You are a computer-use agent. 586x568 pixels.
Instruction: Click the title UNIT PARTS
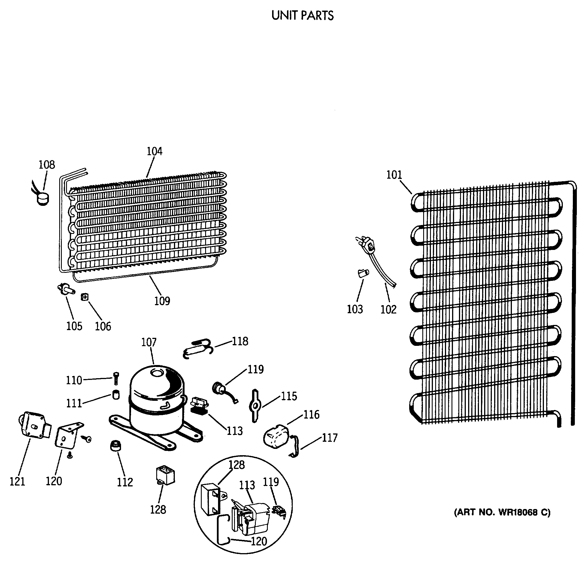coord(302,15)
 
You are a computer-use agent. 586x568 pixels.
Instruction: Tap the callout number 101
coord(394,175)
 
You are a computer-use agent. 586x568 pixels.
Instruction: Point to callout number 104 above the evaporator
coord(154,151)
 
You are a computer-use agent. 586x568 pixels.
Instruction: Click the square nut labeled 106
coord(85,297)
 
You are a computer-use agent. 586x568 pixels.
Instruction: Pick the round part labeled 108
coord(43,199)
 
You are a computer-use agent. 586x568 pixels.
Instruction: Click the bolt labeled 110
coord(116,378)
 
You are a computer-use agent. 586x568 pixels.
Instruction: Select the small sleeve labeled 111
coord(116,395)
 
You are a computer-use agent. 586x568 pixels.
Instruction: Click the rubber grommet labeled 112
coord(116,446)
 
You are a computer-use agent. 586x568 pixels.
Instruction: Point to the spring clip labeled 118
coord(197,348)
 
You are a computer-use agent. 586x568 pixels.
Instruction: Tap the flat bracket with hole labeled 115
coord(255,406)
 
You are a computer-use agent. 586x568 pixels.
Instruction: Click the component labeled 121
coord(33,426)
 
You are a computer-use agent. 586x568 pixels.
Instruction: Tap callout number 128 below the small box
coord(158,510)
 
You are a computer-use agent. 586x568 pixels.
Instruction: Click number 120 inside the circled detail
coord(259,541)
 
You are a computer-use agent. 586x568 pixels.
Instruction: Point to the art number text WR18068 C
coord(502,512)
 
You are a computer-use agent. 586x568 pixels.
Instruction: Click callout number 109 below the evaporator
coord(162,301)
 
